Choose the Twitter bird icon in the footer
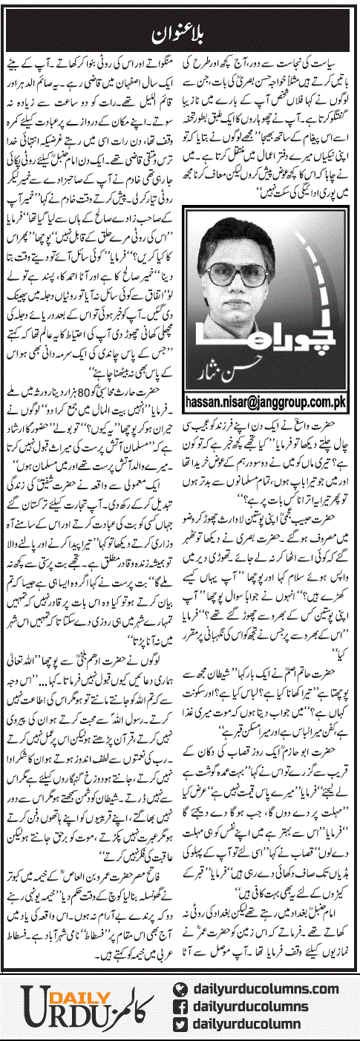[x=177, y=1024]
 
